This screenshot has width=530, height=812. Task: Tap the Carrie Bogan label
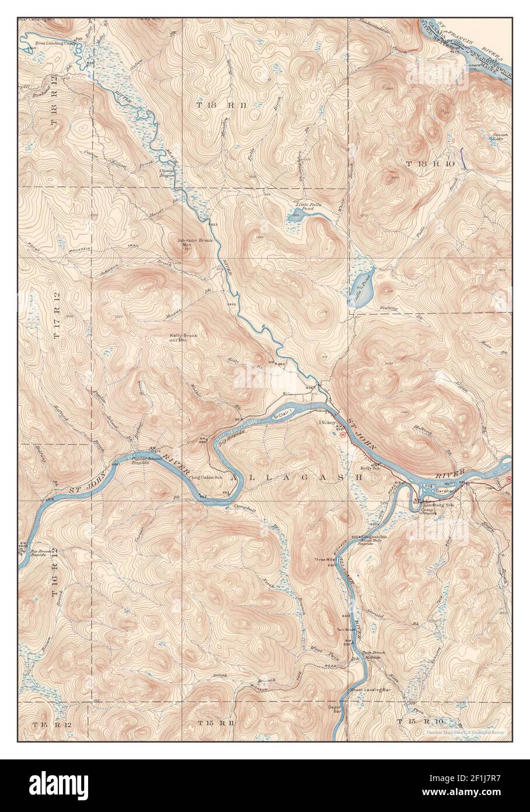click(168, 173)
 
